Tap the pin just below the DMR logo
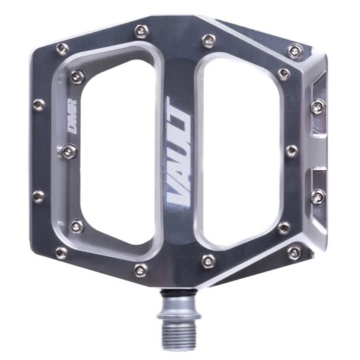(71, 150)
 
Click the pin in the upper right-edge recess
(318, 106)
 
